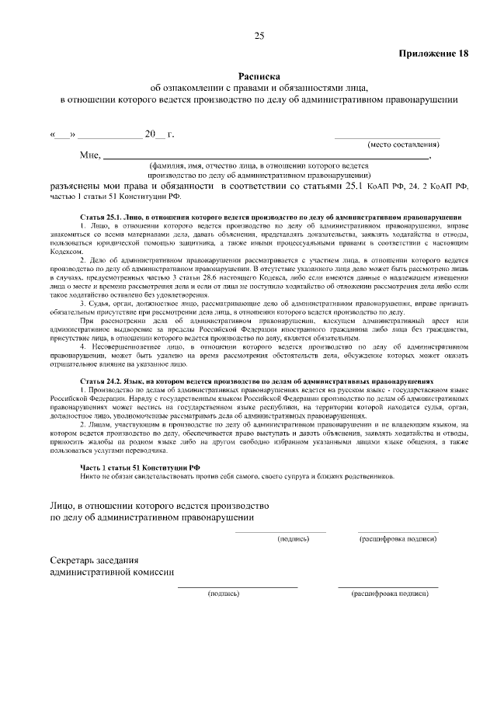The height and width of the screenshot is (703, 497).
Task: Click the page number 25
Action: pos(259,36)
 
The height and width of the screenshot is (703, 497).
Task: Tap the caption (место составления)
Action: pos(403,144)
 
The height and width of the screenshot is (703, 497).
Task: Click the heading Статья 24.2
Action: pos(103,383)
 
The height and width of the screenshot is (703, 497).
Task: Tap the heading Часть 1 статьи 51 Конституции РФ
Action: pos(141,466)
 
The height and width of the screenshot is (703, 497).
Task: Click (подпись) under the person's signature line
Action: pos(294,538)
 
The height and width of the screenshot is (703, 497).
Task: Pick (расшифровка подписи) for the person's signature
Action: pos(397,538)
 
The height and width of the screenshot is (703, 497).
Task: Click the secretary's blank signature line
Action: pos(238,586)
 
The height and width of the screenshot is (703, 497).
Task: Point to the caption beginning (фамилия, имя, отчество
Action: pos(257,165)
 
